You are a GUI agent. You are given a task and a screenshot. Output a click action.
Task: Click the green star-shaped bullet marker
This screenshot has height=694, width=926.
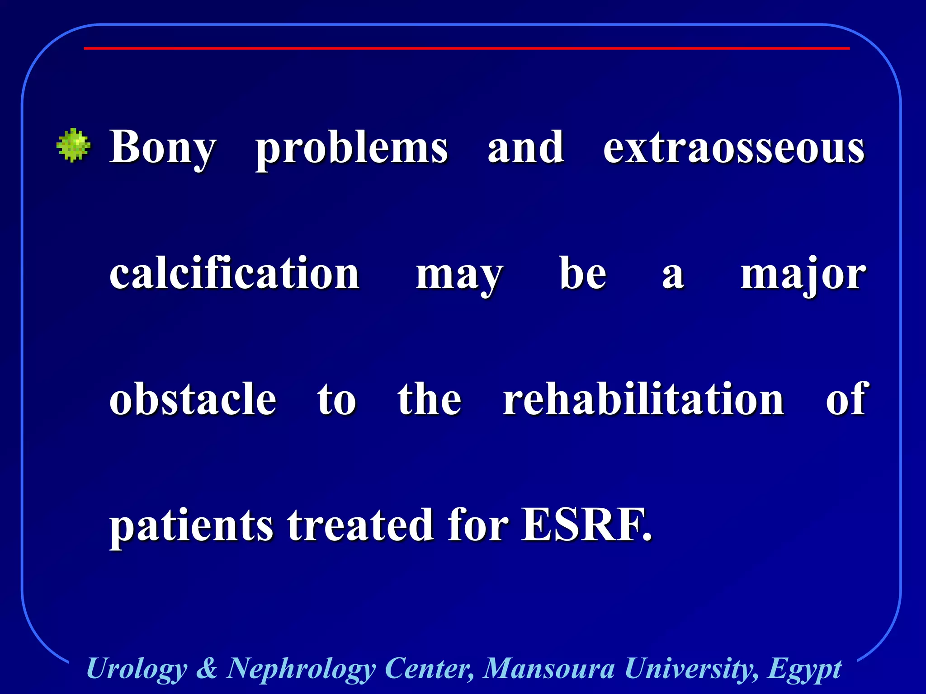click(73, 145)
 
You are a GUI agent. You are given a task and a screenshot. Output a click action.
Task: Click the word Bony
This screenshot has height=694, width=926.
click(163, 147)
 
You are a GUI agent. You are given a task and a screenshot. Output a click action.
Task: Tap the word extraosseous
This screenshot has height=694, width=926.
click(733, 147)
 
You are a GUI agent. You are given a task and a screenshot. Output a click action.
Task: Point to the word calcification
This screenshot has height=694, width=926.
click(234, 273)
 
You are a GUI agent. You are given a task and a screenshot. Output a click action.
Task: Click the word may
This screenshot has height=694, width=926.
click(459, 275)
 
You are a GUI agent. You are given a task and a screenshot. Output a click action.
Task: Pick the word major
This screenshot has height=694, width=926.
click(803, 275)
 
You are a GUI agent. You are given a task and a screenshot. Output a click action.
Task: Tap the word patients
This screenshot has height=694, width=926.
click(191, 525)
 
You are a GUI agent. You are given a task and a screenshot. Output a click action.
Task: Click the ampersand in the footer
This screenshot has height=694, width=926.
click(207, 668)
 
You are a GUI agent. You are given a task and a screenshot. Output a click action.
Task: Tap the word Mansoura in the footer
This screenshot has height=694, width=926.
click(548, 668)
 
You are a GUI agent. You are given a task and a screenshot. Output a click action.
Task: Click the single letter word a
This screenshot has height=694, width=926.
click(673, 275)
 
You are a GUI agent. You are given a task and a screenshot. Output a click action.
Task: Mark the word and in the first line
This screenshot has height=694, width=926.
click(525, 147)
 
